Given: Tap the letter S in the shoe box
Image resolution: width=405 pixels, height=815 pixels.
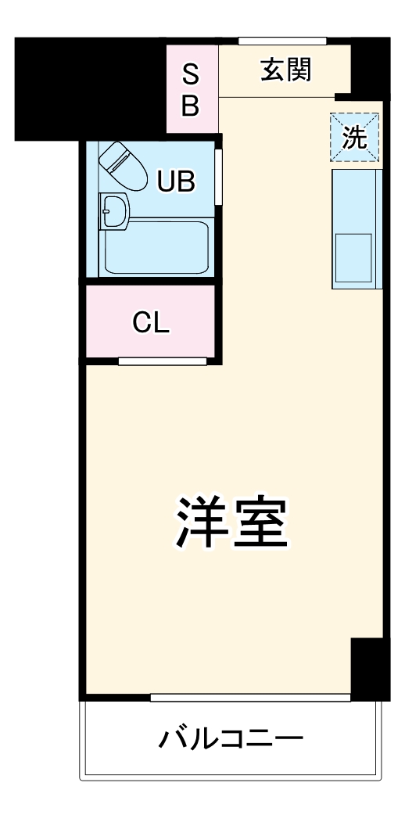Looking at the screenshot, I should point(191,76).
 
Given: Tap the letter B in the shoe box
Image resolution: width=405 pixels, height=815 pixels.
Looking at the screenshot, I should point(191,106).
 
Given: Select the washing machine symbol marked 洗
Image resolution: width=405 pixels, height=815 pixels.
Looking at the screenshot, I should point(354,138).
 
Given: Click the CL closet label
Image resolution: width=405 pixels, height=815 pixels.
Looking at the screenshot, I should point(151,322).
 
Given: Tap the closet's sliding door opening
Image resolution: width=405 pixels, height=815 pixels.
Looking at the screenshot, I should point(163,361).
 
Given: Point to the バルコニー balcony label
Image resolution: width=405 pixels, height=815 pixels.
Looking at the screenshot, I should point(231,738).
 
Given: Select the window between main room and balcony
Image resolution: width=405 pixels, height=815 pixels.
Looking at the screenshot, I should point(250,697).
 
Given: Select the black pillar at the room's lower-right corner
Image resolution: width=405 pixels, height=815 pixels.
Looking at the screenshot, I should point(370,668).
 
